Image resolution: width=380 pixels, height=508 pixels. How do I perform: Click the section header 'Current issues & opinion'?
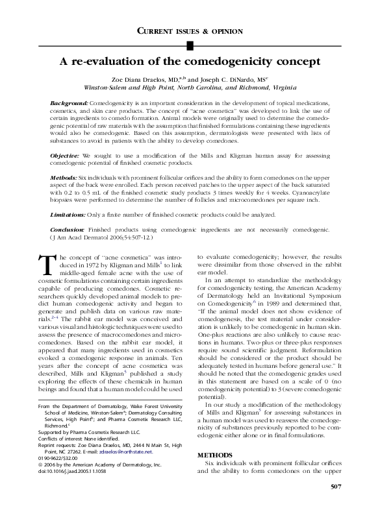(x=190, y=30)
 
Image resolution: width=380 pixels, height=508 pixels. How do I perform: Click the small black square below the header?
(x=190, y=44)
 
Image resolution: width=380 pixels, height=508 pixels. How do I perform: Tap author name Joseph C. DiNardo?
(x=254, y=78)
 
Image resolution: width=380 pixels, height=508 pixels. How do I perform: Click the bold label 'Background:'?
(x=69, y=103)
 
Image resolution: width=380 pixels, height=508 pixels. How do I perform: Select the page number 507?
(x=336, y=486)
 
